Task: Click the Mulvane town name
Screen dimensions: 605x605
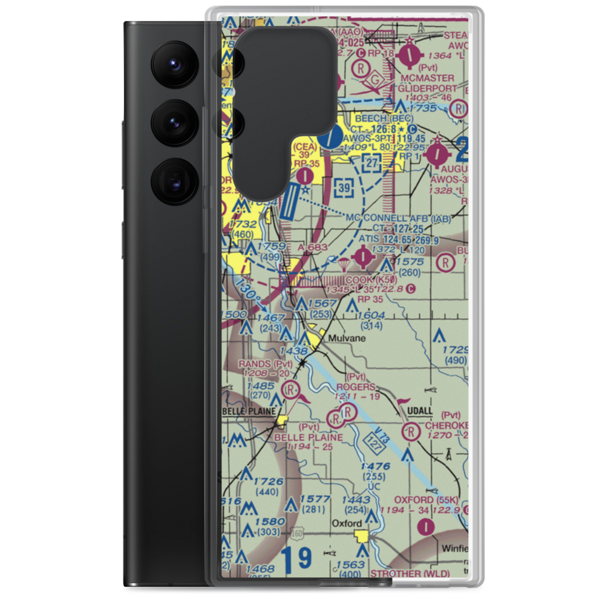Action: (347, 339)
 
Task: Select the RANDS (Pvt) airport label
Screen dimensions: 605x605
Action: (266, 364)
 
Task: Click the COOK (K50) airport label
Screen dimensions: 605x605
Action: (370, 281)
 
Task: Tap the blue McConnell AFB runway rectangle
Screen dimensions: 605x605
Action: (290, 202)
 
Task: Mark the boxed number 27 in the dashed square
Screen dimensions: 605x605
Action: (373, 162)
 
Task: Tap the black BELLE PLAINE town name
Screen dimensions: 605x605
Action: (249, 411)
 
